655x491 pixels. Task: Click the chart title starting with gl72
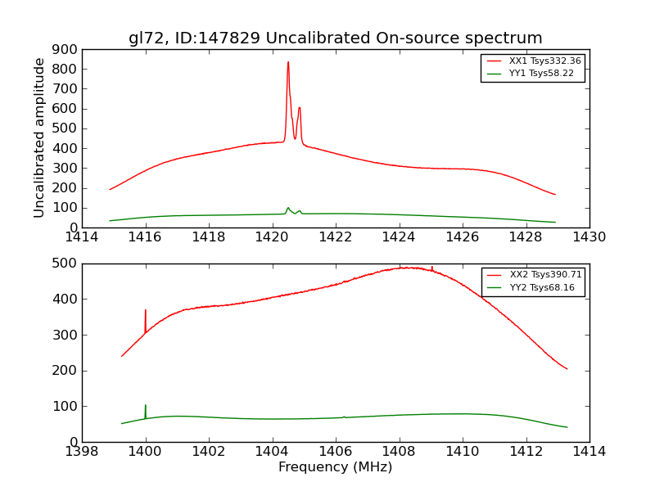[335, 38]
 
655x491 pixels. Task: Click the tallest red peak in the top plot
[288, 64]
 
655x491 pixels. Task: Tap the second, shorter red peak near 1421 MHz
[300, 109]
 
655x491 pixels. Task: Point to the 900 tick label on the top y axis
[65, 49]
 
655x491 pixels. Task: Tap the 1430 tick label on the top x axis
[589, 237]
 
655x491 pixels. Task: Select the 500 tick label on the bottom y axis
[65, 264]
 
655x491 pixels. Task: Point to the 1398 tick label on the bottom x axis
[82, 451]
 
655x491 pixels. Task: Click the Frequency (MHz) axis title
[335, 467]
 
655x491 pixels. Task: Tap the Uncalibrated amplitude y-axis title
[39, 137]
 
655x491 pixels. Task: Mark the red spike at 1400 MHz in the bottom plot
[146, 313]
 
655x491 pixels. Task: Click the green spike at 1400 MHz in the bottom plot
[146, 408]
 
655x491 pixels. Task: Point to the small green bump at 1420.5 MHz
[288, 208]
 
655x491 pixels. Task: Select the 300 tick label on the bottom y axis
[65, 335]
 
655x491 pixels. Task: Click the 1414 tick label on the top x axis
[82, 237]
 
